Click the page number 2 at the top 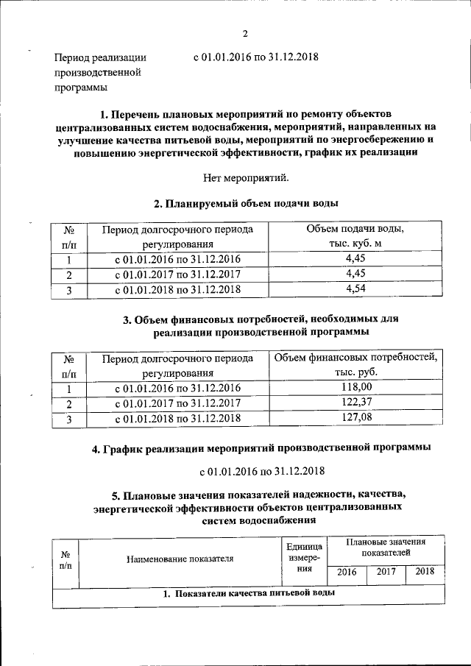[244, 33]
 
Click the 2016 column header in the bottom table [345, 572]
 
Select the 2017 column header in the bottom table [386, 572]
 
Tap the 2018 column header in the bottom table [425, 572]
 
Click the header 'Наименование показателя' [180, 559]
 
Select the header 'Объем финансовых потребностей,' [355, 358]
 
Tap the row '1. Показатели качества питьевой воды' [249, 593]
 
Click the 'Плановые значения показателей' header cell [386, 546]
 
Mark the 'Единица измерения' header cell [304, 558]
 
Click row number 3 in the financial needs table [68, 419]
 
